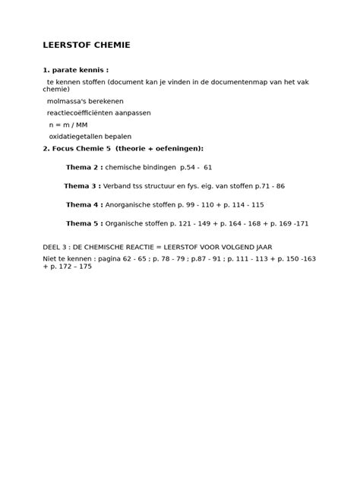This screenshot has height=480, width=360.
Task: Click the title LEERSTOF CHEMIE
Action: pyautogui.click(x=87, y=46)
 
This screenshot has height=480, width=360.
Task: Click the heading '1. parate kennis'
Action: pyautogui.click(x=75, y=70)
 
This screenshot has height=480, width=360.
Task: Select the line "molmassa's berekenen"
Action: pyautogui.click(x=85, y=101)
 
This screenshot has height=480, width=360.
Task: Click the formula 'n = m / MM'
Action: pyautogui.click(x=68, y=125)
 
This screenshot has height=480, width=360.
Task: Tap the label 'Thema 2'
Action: pyautogui.click(x=84, y=167)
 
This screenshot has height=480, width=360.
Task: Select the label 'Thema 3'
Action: pyautogui.click(x=82, y=186)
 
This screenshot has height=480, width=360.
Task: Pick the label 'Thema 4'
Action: pyautogui.click(x=84, y=205)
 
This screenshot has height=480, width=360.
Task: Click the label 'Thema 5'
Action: pyautogui.click(x=84, y=224)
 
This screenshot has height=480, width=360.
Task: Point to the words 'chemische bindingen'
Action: pyautogui.click(x=140, y=167)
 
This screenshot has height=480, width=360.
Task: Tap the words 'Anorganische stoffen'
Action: pyautogui.click(x=143, y=205)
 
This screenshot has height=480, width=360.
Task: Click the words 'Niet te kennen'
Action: pyautogui.click(x=67, y=259)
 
